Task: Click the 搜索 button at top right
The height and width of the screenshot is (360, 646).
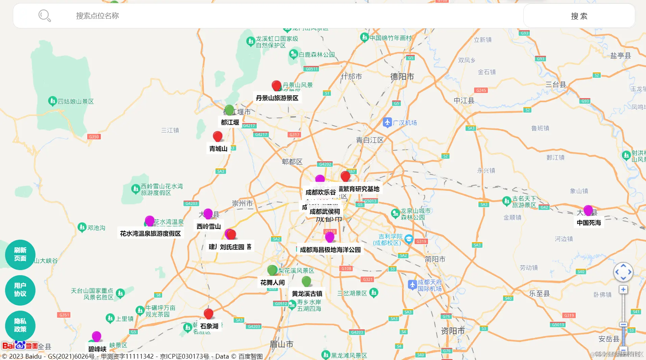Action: pos(579,16)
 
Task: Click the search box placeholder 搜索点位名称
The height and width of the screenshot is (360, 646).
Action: pos(97,16)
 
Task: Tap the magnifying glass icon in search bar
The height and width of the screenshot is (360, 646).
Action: pos(44,16)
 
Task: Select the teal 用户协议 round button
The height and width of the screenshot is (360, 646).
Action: pos(20,290)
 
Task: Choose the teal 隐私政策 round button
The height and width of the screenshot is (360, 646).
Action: pos(20,325)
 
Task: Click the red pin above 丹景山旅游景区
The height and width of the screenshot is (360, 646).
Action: pos(276,86)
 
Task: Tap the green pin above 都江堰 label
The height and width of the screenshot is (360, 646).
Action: pos(229,110)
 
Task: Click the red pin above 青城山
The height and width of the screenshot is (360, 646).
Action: pos(218,136)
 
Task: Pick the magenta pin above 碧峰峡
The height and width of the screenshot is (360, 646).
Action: pos(97,336)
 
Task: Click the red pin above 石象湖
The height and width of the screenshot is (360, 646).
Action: pos(208,314)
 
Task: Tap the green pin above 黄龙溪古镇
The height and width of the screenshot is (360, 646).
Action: pos(306,281)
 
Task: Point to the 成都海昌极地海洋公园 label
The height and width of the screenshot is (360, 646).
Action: pos(330,250)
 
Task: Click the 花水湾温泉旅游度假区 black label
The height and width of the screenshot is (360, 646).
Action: pos(150,234)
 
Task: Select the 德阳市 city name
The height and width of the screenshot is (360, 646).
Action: pos(402,77)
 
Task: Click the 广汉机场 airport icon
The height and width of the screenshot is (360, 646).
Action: pos(387,122)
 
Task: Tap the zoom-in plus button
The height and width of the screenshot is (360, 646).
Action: pos(623,290)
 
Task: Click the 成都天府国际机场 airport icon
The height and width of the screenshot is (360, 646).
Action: pos(412,285)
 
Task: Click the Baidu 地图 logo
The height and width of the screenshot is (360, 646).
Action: pos(20,345)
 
